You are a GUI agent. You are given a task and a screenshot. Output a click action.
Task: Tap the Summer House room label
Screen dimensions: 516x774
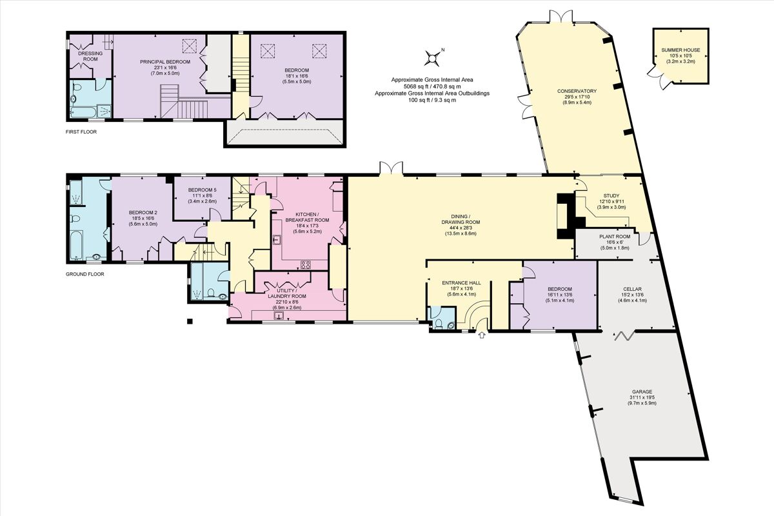pos(675,50)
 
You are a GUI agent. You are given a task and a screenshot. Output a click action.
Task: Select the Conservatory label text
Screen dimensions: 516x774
pos(577,91)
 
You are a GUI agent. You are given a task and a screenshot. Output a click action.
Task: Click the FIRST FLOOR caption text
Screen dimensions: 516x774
pos(82,132)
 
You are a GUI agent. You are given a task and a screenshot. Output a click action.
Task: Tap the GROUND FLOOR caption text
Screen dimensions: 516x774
pos(85,274)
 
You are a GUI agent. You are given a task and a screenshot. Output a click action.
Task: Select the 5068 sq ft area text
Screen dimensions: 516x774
pos(432,86)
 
